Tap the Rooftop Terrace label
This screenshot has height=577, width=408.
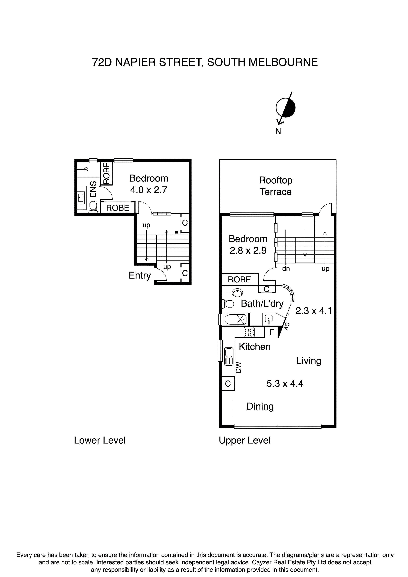pyautogui.click(x=276, y=186)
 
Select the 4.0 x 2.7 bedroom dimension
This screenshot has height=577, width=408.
pyautogui.click(x=149, y=190)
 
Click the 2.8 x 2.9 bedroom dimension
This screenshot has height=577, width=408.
pyautogui.click(x=248, y=251)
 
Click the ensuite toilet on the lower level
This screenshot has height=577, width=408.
pyautogui.click(x=93, y=207)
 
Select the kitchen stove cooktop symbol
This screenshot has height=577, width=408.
pyautogui.click(x=249, y=332)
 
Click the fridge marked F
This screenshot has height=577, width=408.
pyautogui.click(x=271, y=332)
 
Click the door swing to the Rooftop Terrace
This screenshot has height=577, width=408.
pyautogui.click(x=326, y=209)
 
